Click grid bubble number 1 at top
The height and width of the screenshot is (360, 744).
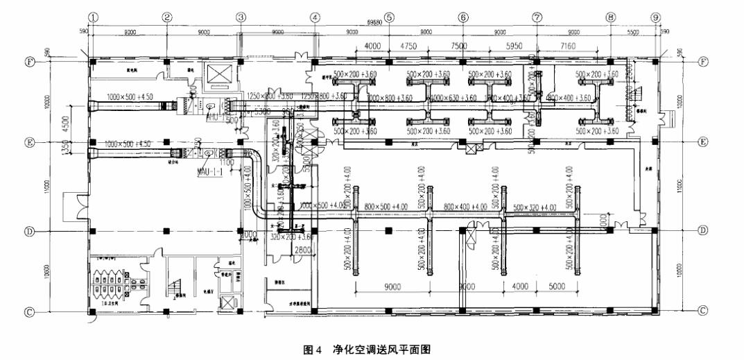click(x=92, y=16)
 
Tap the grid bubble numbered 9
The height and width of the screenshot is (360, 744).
click(x=655, y=16)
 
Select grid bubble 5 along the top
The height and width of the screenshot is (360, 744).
click(x=389, y=16)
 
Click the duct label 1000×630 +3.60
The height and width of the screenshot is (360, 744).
click(x=452, y=99)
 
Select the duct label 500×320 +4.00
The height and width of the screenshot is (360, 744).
click(x=536, y=207)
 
